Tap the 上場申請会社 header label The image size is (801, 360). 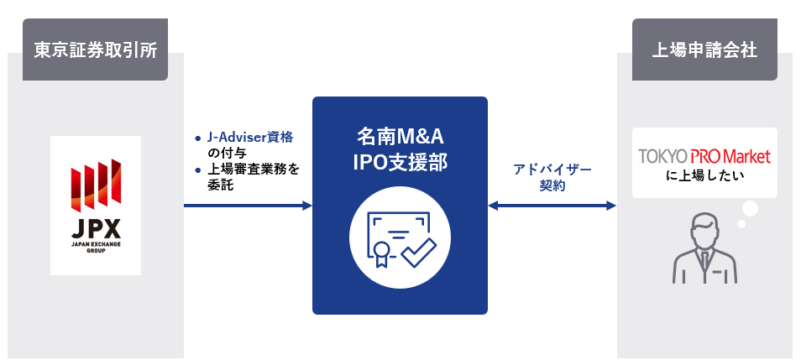click(704, 50)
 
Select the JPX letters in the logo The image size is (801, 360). click(96, 228)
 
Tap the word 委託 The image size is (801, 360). click(220, 185)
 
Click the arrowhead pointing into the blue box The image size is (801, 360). click(306, 205)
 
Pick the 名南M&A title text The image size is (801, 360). click(400, 136)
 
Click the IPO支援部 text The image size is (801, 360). click(400, 162)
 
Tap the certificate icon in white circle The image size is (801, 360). click(400, 236)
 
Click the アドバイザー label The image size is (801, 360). click(552, 170)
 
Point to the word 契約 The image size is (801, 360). click(552, 186)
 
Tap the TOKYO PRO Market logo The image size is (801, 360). click(704, 156)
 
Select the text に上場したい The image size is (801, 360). click(704, 176)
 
